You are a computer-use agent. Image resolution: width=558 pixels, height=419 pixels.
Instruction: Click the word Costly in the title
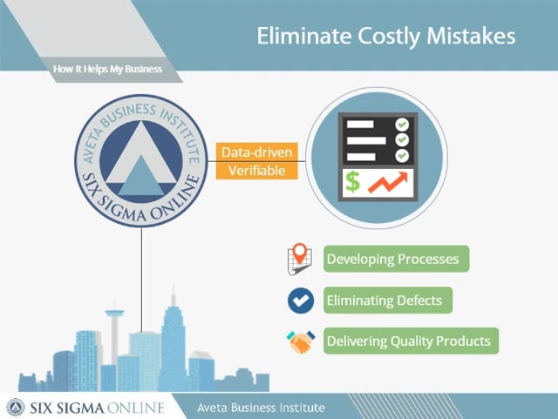pyautogui.click(x=389, y=37)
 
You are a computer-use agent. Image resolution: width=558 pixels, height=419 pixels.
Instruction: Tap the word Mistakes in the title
pyautogui.click(x=471, y=36)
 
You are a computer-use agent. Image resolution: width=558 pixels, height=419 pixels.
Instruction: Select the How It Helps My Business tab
pyautogui.click(x=107, y=69)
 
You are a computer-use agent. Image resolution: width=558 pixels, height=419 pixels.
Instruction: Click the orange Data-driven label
pyautogui.click(x=257, y=152)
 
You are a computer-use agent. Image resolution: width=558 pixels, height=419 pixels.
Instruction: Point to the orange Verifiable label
pyautogui.click(x=257, y=171)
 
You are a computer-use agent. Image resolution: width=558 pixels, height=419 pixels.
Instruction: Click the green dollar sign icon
pyautogui.click(x=352, y=181)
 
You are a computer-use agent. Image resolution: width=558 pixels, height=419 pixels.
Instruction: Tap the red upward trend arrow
pyautogui.click(x=388, y=182)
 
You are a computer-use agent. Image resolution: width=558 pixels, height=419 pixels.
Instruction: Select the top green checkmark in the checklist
pyautogui.click(x=402, y=125)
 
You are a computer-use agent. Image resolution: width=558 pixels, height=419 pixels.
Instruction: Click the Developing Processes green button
pyautogui.click(x=396, y=259)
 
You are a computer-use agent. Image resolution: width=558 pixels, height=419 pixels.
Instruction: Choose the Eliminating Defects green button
pyautogui.click(x=388, y=301)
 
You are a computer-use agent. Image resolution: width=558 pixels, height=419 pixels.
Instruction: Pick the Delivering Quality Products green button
pyautogui.click(x=411, y=341)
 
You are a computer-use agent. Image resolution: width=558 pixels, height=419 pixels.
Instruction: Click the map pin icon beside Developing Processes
pyautogui.click(x=300, y=259)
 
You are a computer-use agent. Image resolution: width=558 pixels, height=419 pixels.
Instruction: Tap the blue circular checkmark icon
pyautogui.click(x=301, y=301)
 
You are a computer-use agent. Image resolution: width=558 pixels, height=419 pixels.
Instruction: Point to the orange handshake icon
pyautogui.click(x=301, y=341)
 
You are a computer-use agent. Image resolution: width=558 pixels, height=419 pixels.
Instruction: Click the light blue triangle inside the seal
pyautogui.click(x=141, y=176)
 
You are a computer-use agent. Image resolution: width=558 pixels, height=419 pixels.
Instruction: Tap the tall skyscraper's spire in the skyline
pyautogui.click(x=174, y=295)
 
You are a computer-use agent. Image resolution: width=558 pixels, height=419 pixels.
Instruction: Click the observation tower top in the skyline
pyautogui.click(x=114, y=313)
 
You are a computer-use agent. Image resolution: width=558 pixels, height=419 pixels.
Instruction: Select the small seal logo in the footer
pyautogui.click(x=16, y=408)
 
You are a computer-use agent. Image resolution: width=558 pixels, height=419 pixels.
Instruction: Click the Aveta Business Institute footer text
pyautogui.click(x=261, y=408)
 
